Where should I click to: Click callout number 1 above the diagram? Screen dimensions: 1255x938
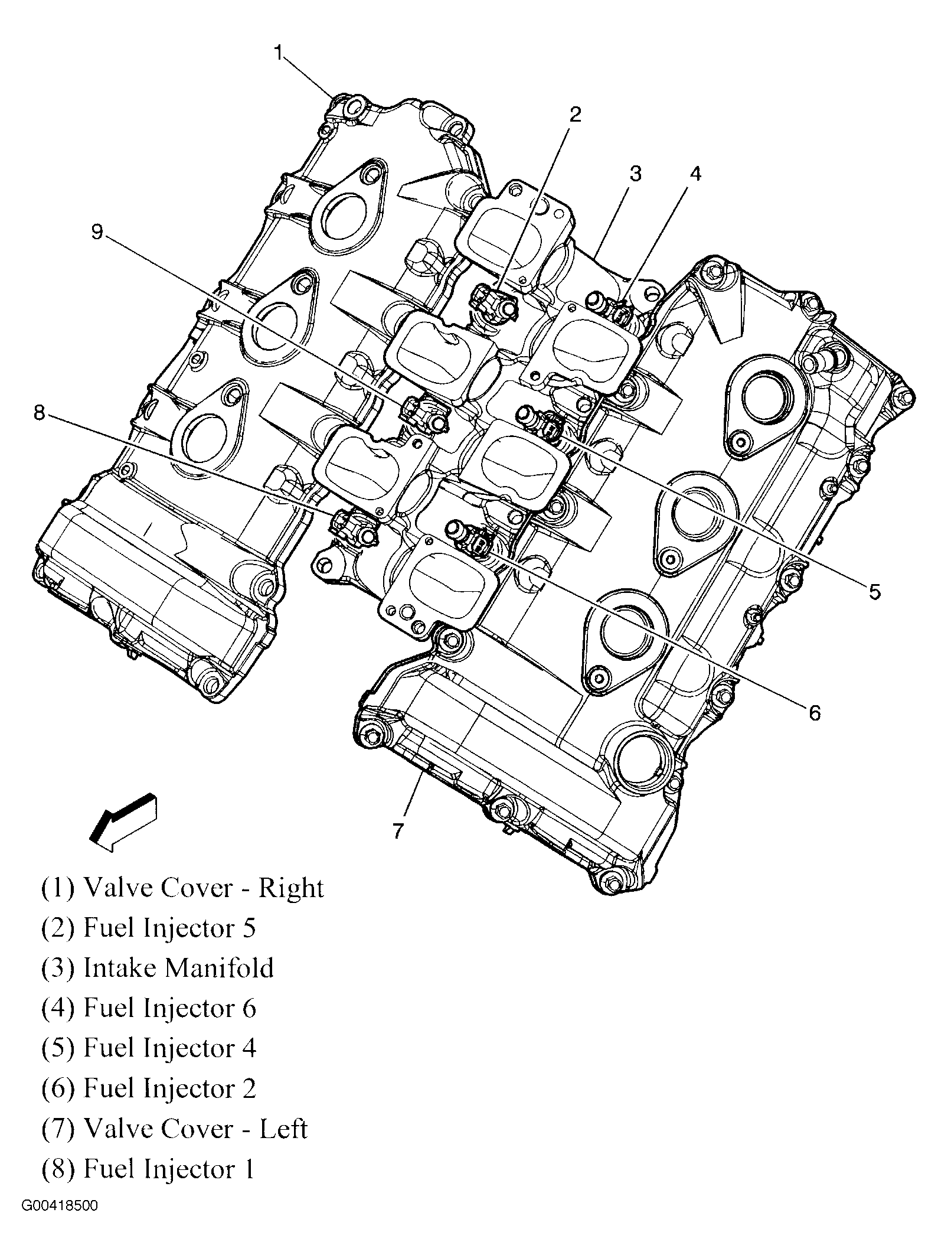coord(279,53)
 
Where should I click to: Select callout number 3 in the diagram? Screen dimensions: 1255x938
coord(635,174)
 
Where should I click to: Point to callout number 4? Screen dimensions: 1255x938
coord(695,174)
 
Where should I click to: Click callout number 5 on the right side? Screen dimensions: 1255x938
coord(874,591)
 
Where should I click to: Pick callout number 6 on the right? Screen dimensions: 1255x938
coord(814,713)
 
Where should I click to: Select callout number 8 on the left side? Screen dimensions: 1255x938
coord(39,413)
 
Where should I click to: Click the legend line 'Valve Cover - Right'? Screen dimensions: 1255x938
coord(182,888)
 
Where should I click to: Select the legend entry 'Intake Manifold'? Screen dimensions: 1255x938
coord(158,969)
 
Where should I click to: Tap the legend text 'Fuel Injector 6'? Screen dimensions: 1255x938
coord(149,1008)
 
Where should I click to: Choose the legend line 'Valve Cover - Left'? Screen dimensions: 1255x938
coord(174,1129)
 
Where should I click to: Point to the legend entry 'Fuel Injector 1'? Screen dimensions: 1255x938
coord(148,1169)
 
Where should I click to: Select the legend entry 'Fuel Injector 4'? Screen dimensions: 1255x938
coord(149,1048)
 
